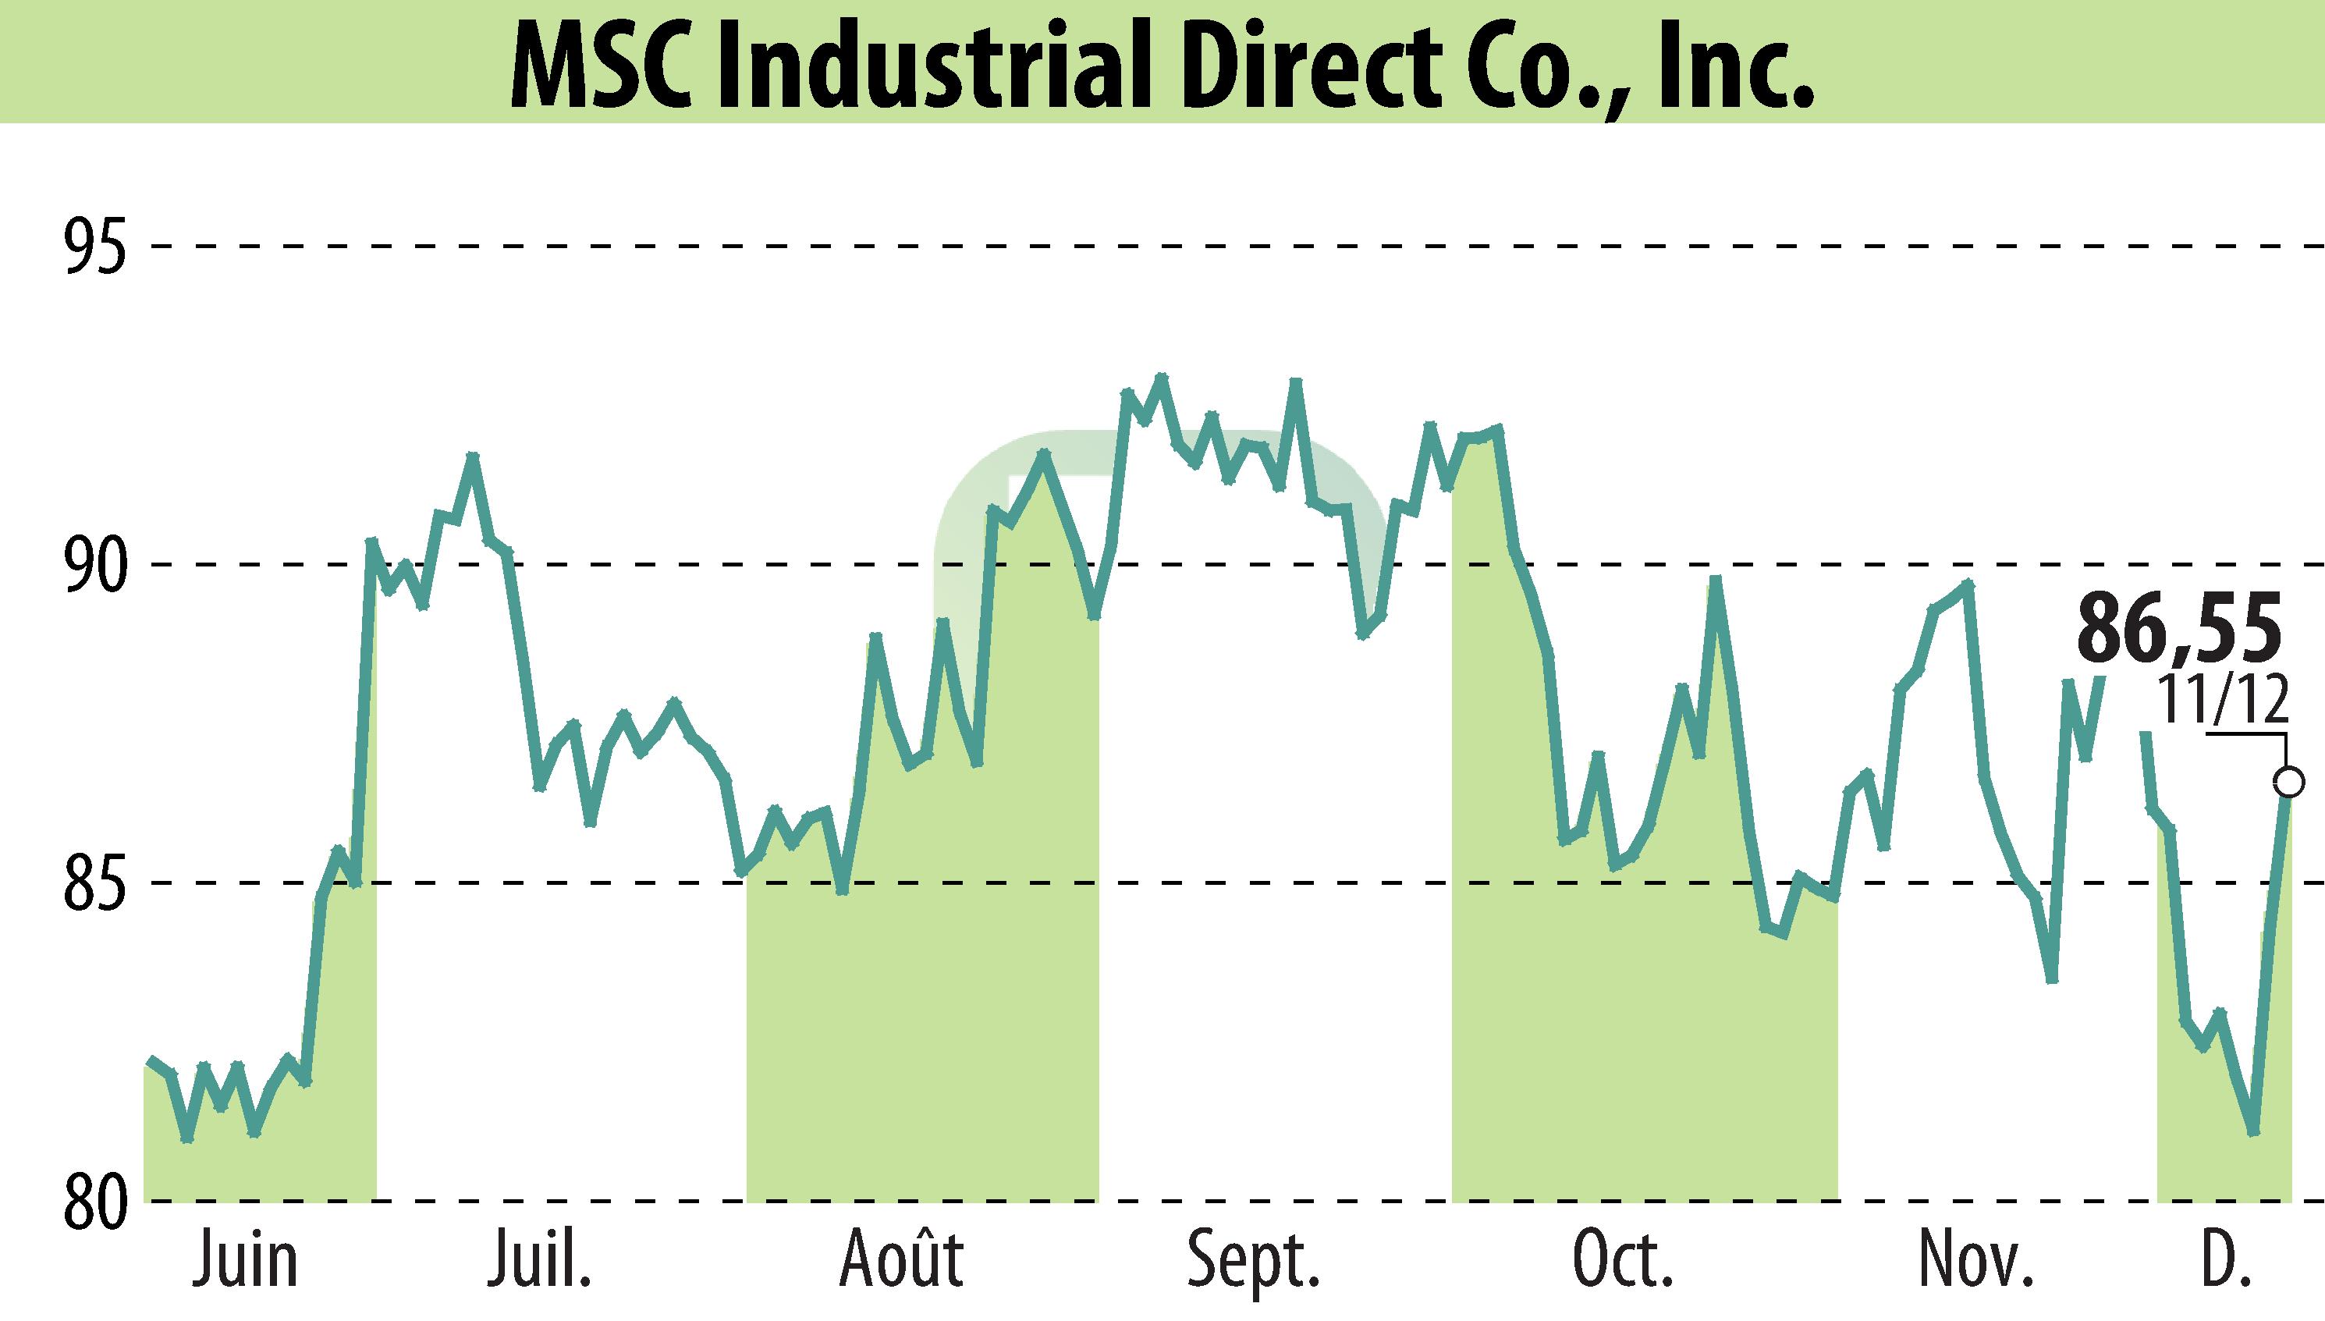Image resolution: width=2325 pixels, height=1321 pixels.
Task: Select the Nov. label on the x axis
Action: pyautogui.click(x=1975, y=1261)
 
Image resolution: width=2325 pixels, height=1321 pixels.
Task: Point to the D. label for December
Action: pyautogui.click(x=2224, y=1261)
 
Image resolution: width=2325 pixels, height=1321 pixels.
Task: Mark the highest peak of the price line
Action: pyautogui.click(x=1161, y=377)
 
